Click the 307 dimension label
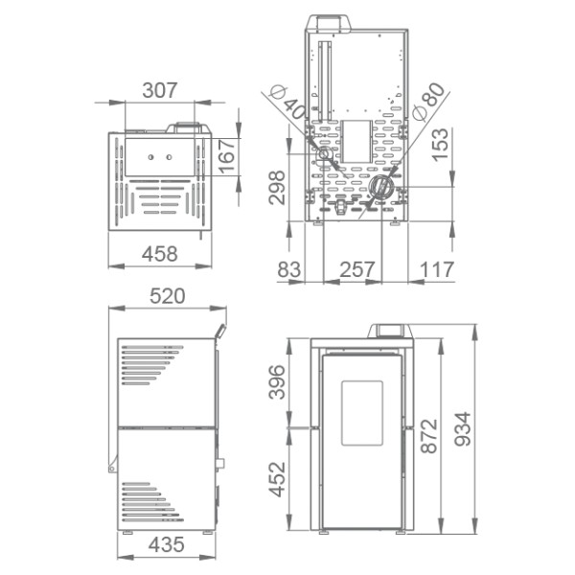[x=160, y=90]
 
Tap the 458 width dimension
[x=160, y=254]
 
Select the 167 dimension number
[x=227, y=155]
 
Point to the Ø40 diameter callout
[x=287, y=103]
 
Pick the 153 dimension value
[x=440, y=145]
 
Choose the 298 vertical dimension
[x=277, y=188]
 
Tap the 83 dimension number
[x=289, y=269]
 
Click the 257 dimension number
[x=357, y=269]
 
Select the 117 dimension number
[x=437, y=269]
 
